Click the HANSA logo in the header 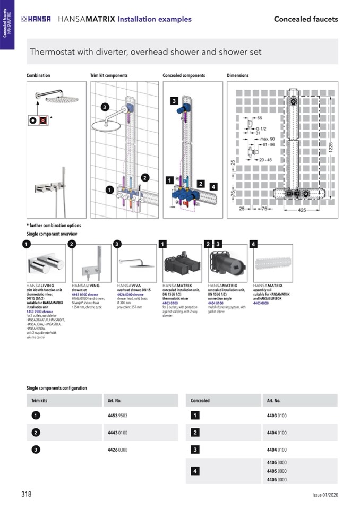pyautogui.click(x=37, y=19)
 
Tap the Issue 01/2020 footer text pyautogui.click(x=324, y=495)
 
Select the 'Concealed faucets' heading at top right pyautogui.click(x=305, y=19)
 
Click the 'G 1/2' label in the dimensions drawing pyautogui.click(x=262, y=128)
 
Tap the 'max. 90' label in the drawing pyautogui.click(x=268, y=139)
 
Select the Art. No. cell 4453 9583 pyautogui.click(x=117, y=416)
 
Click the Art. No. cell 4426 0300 pyautogui.click(x=117, y=450)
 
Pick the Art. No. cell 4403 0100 pyautogui.click(x=277, y=416)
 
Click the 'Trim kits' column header pyautogui.click(x=39, y=401)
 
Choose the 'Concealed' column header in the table pyautogui.click(x=200, y=401)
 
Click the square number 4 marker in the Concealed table pyautogui.click(x=195, y=471)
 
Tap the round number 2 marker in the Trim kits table pyautogui.click(x=36, y=433)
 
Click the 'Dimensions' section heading pyautogui.click(x=237, y=76)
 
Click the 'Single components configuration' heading pyautogui.click(x=56, y=389)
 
